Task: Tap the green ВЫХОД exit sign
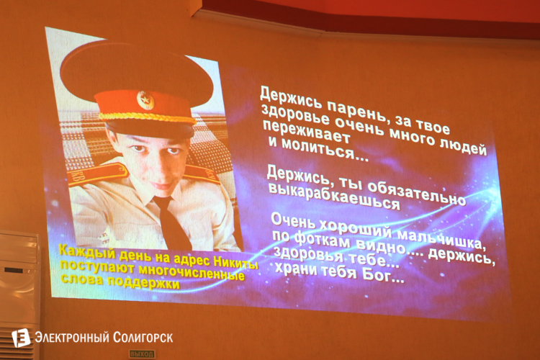[x=142, y=354]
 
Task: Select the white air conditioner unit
[x=19, y=288]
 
